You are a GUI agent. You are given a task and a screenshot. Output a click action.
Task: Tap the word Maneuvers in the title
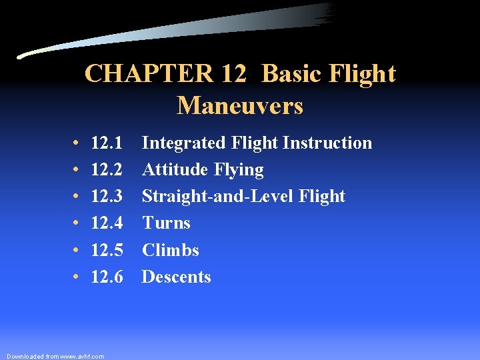[240, 105]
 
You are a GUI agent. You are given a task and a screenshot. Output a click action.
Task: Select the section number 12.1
[107, 143]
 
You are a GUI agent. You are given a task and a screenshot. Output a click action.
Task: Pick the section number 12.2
[107, 170]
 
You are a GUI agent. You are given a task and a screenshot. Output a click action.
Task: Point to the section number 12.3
[107, 197]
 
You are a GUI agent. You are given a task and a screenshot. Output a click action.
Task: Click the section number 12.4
[107, 223]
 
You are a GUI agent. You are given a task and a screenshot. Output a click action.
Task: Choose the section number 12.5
[107, 251]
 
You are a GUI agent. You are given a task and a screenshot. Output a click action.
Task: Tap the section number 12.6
[107, 277]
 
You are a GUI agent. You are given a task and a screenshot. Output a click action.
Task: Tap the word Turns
[166, 223]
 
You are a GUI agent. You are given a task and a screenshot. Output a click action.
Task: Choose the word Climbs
[170, 251]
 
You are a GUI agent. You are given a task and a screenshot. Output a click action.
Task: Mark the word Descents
[176, 277]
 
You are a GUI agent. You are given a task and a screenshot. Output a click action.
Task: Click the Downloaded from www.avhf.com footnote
[55, 357]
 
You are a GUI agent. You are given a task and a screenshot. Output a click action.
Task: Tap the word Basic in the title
[293, 74]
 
